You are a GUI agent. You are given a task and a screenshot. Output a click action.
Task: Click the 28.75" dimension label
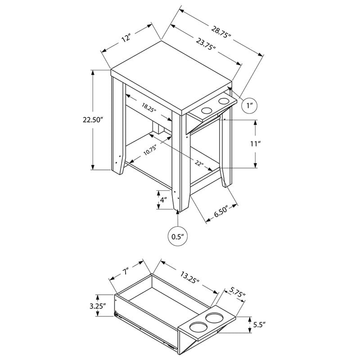(221, 32)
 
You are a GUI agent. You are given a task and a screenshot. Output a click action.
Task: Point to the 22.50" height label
(92, 120)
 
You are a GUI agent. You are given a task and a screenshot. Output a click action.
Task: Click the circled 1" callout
(250, 106)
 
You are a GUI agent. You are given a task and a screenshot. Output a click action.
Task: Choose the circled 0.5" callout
(178, 237)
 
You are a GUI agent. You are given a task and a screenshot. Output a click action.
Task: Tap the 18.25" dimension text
(149, 108)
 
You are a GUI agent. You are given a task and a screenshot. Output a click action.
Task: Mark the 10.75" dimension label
(150, 150)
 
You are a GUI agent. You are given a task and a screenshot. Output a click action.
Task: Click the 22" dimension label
(199, 163)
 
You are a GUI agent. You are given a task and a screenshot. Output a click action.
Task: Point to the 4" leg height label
(163, 200)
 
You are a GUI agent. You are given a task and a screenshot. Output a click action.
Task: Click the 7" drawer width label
(125, 272)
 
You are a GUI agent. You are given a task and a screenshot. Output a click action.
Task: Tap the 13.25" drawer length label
(189, 277)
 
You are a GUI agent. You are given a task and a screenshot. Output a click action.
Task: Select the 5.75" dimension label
(238, 292)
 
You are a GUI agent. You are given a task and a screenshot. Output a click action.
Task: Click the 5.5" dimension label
(259, 324)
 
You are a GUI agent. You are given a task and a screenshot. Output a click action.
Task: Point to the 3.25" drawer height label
(98, 306)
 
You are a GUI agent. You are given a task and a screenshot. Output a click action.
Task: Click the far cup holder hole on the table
(224, 101)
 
